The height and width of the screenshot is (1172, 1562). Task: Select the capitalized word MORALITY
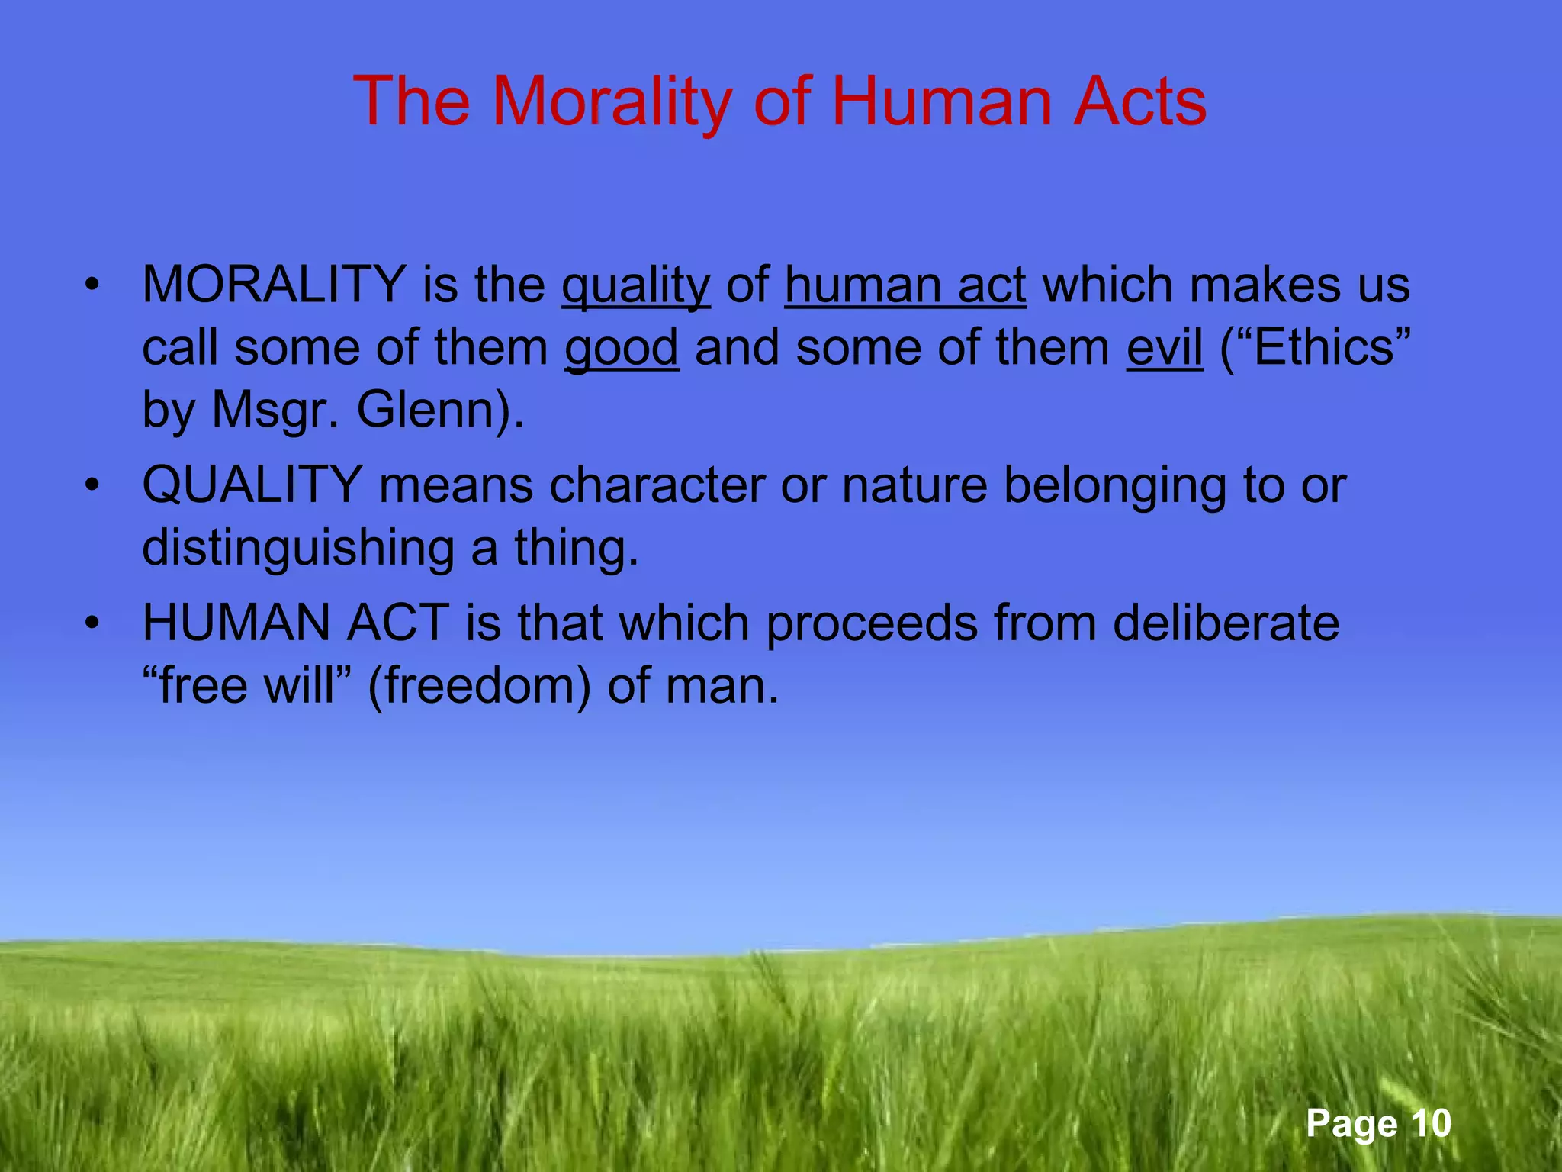pyautogui.click(x=273, y=285)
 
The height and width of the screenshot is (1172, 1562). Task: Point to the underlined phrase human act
pyautogui.click(x=905, y=285)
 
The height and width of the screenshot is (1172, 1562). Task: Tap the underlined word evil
pyautogui.click(x=1164, y=347)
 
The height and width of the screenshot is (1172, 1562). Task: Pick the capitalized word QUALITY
pyautogui.click(x=252, y=485)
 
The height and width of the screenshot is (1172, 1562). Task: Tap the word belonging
pyautogui.click(x=1114, y=485)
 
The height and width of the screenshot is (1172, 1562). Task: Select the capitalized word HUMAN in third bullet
pyautogui.click(x=235, y=623)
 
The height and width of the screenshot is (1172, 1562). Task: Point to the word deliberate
pyautogui.click(x=1225, y=623)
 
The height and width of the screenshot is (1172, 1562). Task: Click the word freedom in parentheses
pyautogui.click(x=479, y=686)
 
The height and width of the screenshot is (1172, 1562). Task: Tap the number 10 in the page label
pyautogui.click(x=1429, y=1123)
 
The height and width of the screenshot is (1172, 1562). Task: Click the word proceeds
pyautogui.click(x=870, y=623)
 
